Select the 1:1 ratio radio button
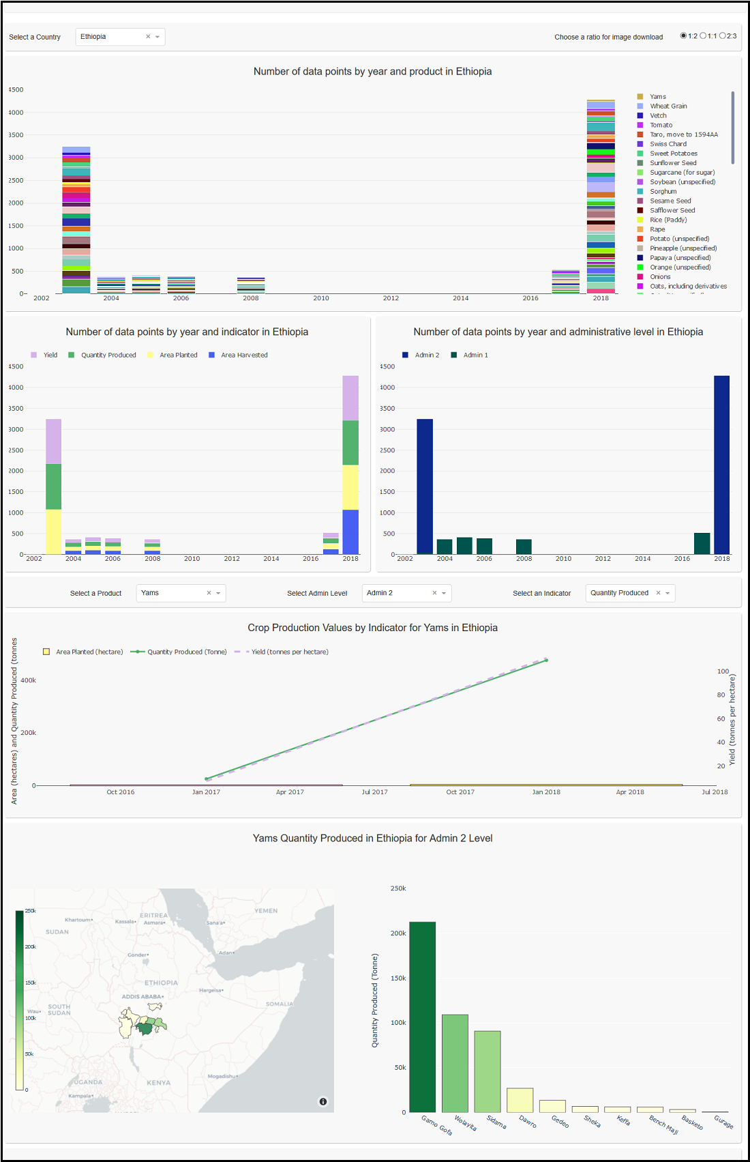[704, 36]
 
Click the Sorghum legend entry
[663, 192]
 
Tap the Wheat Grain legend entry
[668, 106]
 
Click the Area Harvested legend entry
[243, 355]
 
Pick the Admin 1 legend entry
[475, 355]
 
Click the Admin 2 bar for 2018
[721, 464]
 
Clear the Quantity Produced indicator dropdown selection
[658, 593]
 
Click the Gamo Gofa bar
[423, 1017]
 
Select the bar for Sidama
[487, 1071]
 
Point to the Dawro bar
[520, 1100]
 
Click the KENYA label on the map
[158, 1083]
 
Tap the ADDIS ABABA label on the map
[142, 997]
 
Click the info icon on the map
[323, 1101]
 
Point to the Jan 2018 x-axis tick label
[546, 792]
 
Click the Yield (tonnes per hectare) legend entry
[289, 652]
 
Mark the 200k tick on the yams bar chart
[398, 933]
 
